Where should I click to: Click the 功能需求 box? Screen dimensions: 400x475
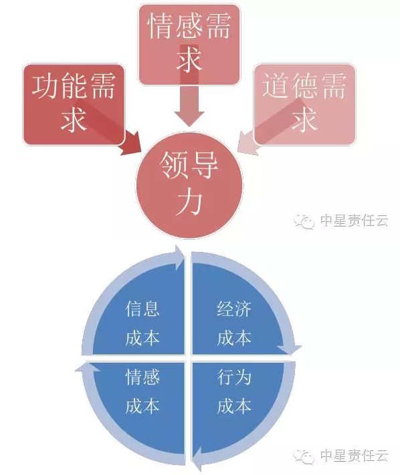pyautogui.click(x=74, y=104)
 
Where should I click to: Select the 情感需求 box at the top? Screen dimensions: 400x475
pyautogui.click(x=189, y=45)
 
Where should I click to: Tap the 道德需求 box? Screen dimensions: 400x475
pyautogui.click(x=304, y=104)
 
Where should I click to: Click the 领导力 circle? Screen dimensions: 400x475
pyautogui.click(x=189, y=185)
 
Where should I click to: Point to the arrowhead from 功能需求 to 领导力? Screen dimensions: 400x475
pyautogui.click(x=130, y=143)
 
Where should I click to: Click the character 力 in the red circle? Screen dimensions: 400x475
pyautogui.click(x=189, y=204)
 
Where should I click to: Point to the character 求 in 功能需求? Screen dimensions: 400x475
pyautogui.click(x=74, y=119)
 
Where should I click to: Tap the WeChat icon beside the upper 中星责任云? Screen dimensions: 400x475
pyautogui.click(x=302, y=221)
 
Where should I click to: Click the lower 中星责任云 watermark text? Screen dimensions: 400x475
pyautogui.click(x=355, y=456)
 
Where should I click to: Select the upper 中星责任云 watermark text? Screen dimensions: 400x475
pyautogui.click(x=355, y=220)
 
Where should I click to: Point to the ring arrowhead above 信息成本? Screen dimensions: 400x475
pyautogui.click(x=179, y=257)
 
